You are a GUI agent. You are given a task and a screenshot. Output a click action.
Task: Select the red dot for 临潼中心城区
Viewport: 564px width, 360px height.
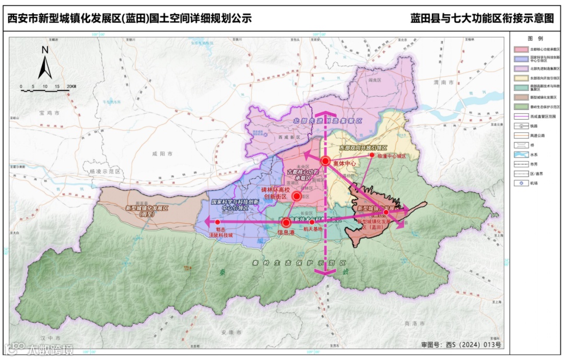point(372,155)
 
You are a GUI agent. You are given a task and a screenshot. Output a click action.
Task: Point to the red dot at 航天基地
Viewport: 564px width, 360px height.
point(312,222)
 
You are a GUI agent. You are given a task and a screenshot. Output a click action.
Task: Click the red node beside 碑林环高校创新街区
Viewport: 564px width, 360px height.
point(296,196)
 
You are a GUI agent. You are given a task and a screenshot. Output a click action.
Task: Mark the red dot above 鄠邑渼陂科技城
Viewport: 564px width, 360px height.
point(217,222)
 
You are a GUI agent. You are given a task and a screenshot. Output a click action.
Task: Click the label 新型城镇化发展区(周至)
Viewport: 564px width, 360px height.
point(146,211)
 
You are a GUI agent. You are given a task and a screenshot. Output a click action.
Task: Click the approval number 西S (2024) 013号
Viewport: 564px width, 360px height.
point(461,344)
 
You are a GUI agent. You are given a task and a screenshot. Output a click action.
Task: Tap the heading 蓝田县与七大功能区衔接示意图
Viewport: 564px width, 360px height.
point(481,19)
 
